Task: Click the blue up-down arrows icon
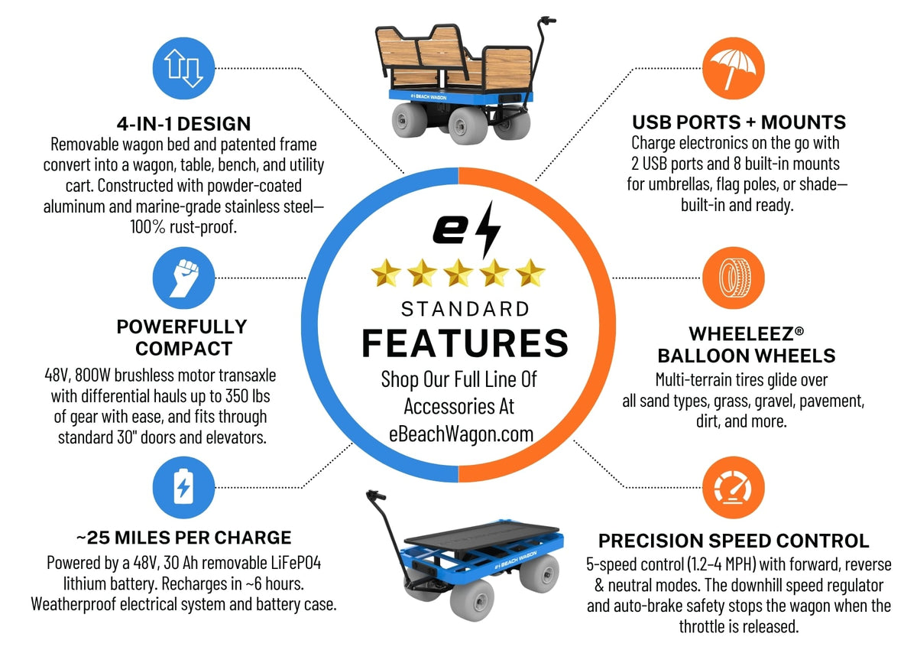pyautogui.click(x=183, y=68)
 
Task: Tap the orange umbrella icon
pyautogui.click(x=733, y=68)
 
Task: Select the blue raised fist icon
pyautogui.click(x=183, y=278)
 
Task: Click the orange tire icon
pyautogui.click(x=733, y=278)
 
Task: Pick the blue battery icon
pyautogui.click(x=183, y=487)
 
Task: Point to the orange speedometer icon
pyautogui.click(x=733, y=487)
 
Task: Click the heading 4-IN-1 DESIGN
pyautogui.click(x=184, y=124)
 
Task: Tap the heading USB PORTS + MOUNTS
pyautogui.click(x=739, y=122)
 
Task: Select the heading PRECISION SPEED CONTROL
pyautogui.click(x=734, y=541)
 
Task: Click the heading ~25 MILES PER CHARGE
pyautogui.click(x=184, y=538)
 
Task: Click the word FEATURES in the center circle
pyautogui.click(x=465, y=343)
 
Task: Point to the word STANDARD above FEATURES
pyautogui.click(x=465, y=309)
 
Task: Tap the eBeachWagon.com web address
pyautogui.click(x=461, y=434)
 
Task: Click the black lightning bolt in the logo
pyautogui.click(x=488, y=229)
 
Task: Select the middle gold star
pyautogui.click(x=458, y=273)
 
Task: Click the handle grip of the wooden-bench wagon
pyautogui.click(x=548, y=20)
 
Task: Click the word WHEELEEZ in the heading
pyautogui.click(x=741, y=334)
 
